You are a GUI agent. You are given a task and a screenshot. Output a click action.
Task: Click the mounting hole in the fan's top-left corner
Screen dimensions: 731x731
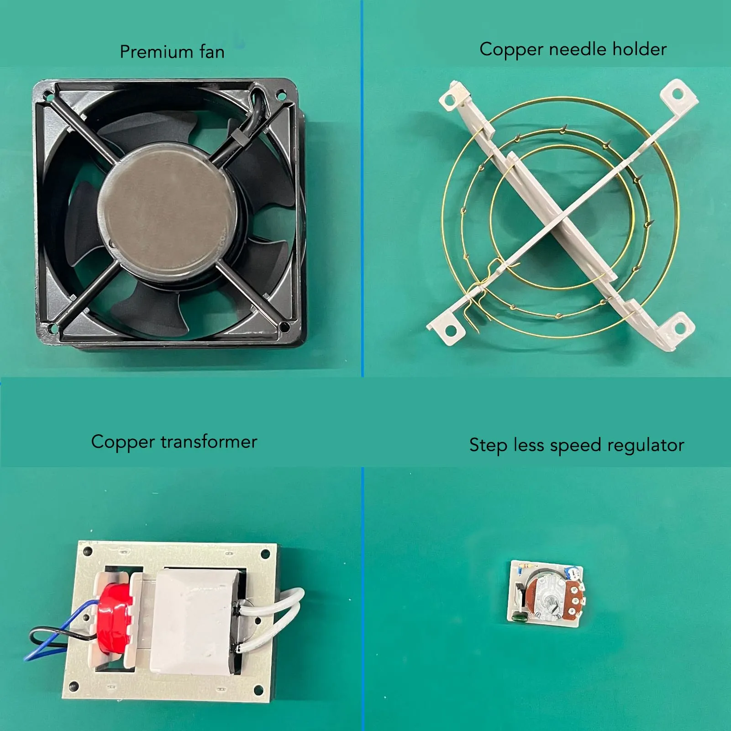coord(47,95)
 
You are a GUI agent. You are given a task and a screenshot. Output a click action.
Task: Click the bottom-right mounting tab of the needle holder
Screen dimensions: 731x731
coord(678,328)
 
